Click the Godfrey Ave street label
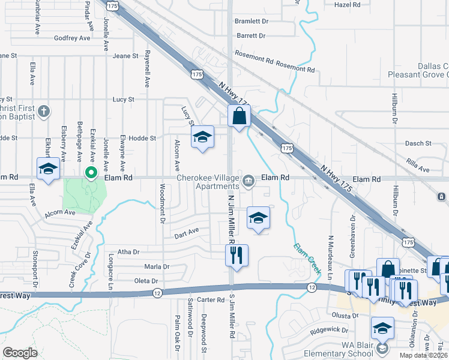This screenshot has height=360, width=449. point(72,38)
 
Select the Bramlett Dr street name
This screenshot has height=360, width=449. point(252,20)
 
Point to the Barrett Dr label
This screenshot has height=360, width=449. point(251,36)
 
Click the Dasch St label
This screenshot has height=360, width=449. point(418,143)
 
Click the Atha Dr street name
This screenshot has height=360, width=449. point(128,252)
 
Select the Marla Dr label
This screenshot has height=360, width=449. point(157,266)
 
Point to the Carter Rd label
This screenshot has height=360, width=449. point(211,299)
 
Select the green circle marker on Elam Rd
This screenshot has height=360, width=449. point(91,174)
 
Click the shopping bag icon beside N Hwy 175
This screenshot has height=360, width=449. point(239,116)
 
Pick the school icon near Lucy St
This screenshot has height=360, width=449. point(203,137)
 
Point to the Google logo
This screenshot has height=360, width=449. point(20,352)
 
